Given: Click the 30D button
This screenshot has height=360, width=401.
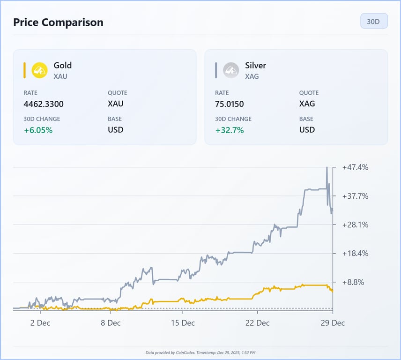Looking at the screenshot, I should point(373,22).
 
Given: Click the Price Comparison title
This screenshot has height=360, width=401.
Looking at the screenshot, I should point(58,22).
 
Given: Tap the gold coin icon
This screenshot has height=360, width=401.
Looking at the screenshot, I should point(39,70).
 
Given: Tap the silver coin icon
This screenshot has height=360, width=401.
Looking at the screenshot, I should point(231,70).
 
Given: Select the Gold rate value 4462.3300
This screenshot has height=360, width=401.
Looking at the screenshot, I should point(44,104).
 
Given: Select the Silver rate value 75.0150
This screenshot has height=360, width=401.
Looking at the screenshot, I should point(229,104).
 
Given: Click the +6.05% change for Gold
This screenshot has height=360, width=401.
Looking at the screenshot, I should point(38,130).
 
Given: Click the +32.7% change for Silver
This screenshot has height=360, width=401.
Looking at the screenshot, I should point(229,130).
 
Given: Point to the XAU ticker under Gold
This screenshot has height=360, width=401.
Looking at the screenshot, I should point(60,76).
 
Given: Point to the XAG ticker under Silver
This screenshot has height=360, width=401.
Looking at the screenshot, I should point(252,76).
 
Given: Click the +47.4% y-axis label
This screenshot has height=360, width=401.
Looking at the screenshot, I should point(355,167).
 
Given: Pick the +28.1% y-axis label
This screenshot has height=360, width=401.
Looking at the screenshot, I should point(355,225).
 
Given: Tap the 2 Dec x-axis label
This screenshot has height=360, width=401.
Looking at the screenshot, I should point(40,323).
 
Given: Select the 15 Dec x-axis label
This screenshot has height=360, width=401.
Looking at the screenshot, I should point(182,323).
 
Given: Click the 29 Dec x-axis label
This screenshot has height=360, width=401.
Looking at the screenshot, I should point(332,323).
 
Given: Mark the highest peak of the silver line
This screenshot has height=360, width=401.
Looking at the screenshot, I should point(327,167).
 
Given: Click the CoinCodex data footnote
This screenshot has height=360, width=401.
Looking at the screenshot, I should point(200,352).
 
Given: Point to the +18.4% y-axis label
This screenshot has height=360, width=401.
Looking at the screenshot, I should point(355,254).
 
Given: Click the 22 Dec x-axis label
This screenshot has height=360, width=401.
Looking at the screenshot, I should point(257,323).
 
